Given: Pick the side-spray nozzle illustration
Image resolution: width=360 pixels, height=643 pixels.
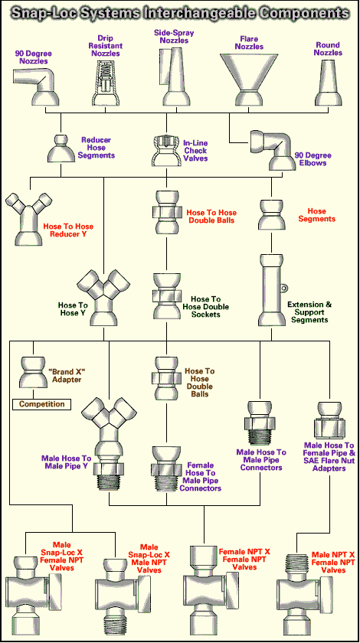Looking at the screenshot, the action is point(175,77).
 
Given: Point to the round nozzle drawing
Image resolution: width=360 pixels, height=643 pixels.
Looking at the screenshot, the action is point(330,84).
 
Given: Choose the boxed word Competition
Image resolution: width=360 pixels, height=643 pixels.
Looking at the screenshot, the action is point(41,404).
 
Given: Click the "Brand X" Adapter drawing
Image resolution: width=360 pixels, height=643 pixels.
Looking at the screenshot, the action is point(33,372).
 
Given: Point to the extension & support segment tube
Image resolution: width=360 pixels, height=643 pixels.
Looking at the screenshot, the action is point(272,290).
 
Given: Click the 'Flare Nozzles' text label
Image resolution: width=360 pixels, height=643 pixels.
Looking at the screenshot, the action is point(249,43).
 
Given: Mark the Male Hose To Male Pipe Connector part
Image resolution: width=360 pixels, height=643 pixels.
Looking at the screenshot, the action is point(259,423).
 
